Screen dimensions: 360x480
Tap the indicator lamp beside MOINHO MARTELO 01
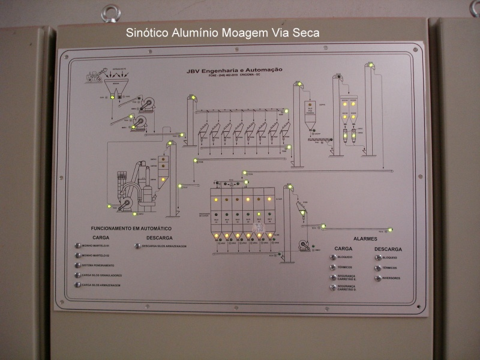pyautogui.click(x=77, y=245)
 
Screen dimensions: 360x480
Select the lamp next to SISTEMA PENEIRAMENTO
pyautogui.click(x=77, y=265)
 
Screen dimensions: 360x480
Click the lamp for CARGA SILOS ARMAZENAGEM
pyautogui.click(x=77, y=285)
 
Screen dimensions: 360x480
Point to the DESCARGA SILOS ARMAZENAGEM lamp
pyautogui.click(x=137, y=246)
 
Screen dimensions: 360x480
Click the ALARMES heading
pyautogui.click(x=365, y=239)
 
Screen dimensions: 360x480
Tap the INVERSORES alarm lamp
pyautogui.click(x=378, y=278)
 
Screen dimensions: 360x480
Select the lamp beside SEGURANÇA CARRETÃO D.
pyautogui.click(x=333, y=287)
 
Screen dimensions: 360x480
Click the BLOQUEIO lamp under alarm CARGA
pyautogui.click(x=333, y=257)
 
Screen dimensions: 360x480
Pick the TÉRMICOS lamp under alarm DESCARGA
pyautogui.click(x=378, y=268)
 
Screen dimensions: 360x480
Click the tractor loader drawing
pyautogui.click(x=94, y=76)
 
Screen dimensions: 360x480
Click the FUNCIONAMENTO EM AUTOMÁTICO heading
pyautogui.click(x=131, y=229)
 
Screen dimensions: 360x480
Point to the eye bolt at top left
pyautogui.click(x=110, y=13)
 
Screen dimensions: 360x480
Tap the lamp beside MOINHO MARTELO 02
pyautogui.click(x=77, y=256)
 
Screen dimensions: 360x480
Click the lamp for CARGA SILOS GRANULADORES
pyautogui.click(x=77, y=275)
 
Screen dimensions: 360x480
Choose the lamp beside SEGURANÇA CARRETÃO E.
pyautogui.click(x=333, y=277)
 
